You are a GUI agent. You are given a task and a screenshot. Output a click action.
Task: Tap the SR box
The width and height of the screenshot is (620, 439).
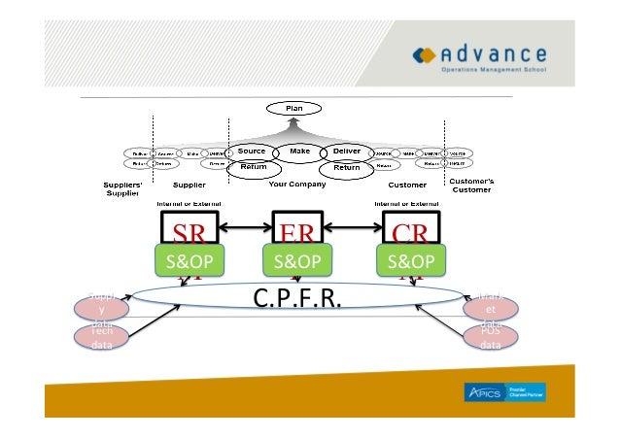coord(189,231)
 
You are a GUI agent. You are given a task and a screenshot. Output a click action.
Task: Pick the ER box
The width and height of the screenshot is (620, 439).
coord(298,231)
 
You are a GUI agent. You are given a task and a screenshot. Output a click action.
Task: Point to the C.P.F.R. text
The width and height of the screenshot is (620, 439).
coord(297,295)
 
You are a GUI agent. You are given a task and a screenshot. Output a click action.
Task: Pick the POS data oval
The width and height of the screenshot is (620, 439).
coord(490,336)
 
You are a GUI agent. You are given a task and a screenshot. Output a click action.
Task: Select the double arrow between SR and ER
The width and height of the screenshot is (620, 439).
coord(245,231)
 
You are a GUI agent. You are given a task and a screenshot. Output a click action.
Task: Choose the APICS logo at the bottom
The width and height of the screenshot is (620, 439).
coord(503,391)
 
